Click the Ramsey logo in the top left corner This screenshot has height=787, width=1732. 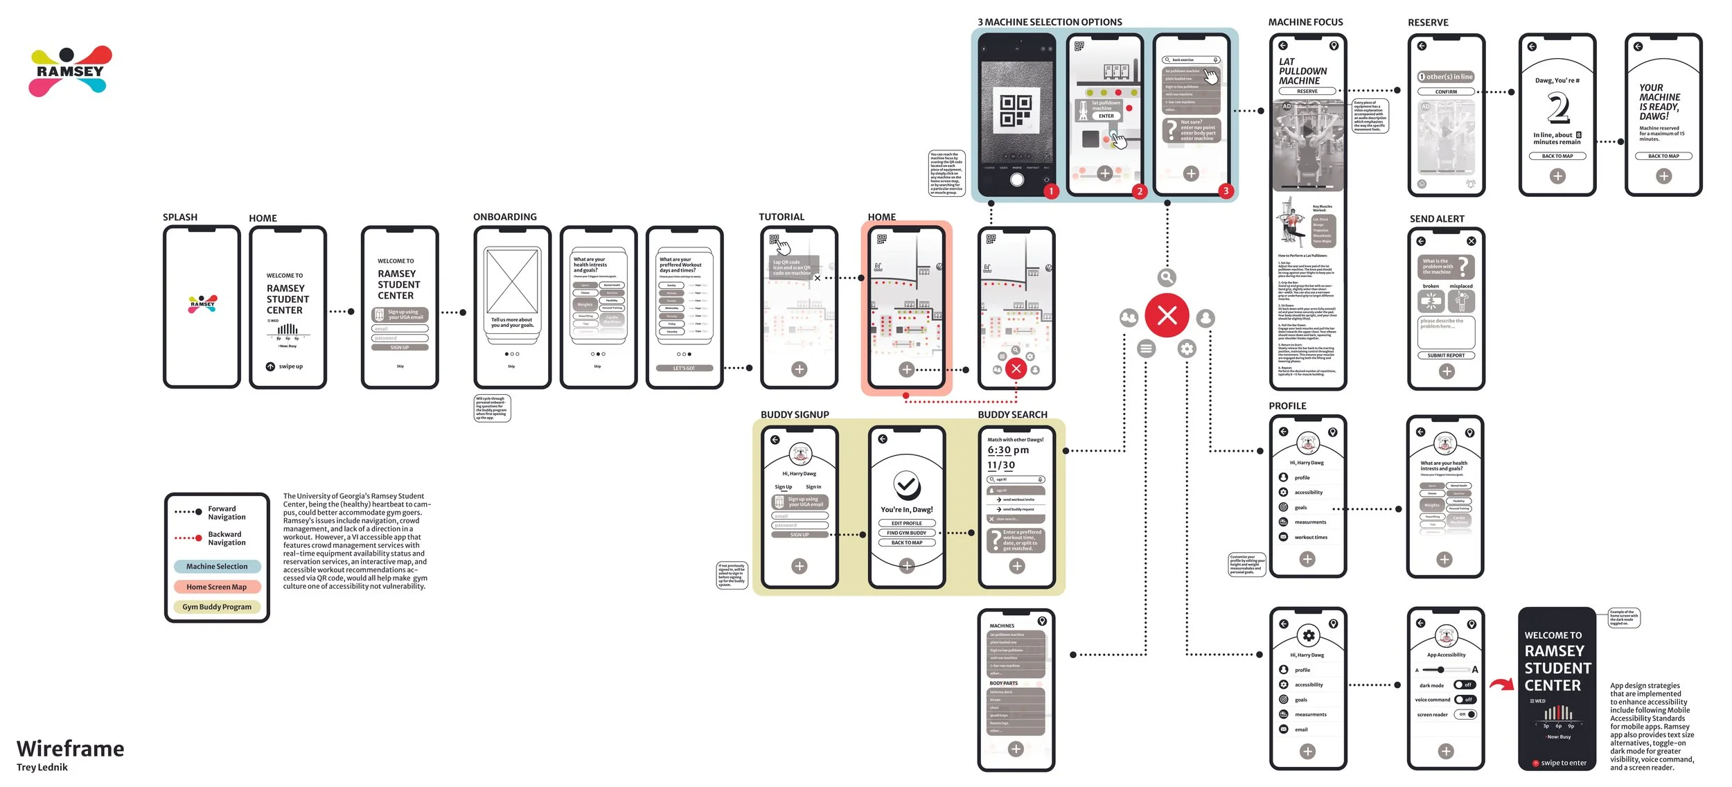(70, 71)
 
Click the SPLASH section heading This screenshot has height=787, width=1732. (180, 218)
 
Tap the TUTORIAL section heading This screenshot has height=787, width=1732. (781, 217)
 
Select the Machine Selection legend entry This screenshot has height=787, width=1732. (217, 567)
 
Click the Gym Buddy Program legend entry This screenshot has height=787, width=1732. (217, 607)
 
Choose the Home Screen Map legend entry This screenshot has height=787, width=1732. (217, 587)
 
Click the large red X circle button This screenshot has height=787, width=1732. (1167, 316)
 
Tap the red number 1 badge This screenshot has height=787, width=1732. (1051, 191)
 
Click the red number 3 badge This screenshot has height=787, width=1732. (1226, 191)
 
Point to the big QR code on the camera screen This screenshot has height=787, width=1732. (1016, 111)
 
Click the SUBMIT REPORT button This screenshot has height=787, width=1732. (1446, 355)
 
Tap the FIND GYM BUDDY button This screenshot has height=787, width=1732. (907, 533)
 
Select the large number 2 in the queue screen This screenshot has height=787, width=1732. (1558, 108)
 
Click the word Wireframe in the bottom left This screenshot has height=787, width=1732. (71, 748)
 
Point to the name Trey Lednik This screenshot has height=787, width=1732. (42, 767)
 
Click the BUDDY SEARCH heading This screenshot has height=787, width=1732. (1012, 415)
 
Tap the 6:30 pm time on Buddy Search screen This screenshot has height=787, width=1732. (1008, 450)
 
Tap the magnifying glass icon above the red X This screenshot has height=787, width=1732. (1167, 278)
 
